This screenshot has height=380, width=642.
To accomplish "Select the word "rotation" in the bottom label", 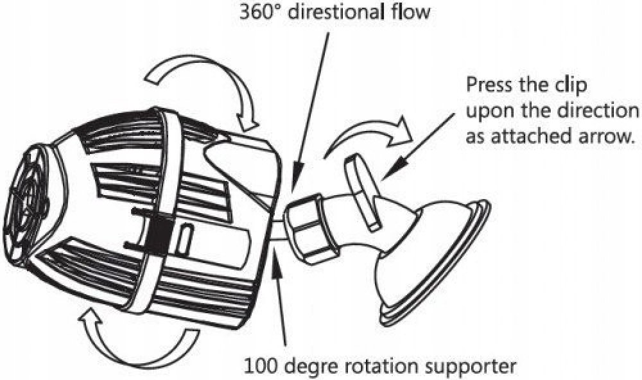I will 385,367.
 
